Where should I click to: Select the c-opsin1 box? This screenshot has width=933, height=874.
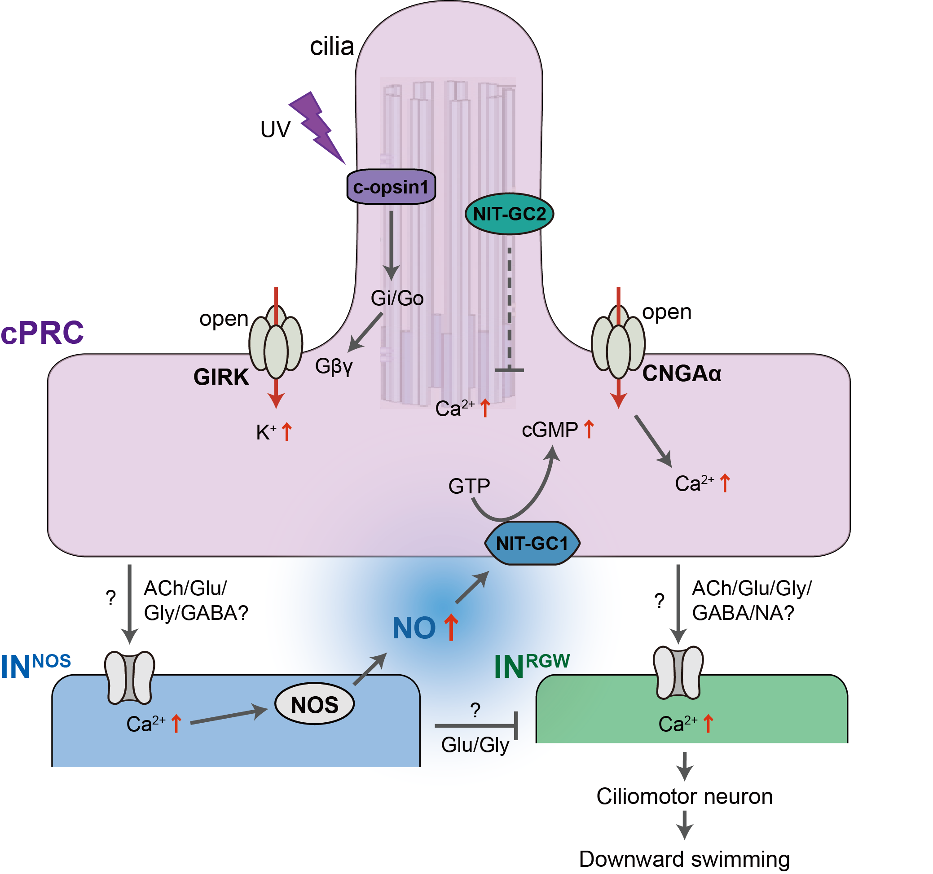[391, 187]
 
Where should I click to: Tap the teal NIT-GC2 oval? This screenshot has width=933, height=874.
[509, 214]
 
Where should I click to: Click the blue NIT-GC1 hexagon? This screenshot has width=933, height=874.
[532, 543]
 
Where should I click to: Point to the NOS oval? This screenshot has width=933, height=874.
[314, 705]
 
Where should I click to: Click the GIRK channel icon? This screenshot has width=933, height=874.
[276, 343]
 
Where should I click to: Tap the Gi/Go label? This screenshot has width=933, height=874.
[397, 299]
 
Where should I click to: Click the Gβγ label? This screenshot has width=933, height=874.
[334, 366]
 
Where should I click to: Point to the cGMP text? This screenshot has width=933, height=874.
[550, 430]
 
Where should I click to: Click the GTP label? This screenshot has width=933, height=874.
[469, 486]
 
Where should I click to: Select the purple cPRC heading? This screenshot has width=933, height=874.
[42, 333]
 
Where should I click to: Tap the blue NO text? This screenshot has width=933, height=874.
[414, 628]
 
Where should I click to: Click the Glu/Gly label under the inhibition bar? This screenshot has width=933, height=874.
[475, 745]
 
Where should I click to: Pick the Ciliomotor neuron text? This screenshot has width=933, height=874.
[684, 797]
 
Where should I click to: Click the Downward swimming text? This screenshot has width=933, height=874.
[684, 859]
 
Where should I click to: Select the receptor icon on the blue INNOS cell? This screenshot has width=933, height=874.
[129, 677]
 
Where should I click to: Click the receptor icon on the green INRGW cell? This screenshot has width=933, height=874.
[678, 673]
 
